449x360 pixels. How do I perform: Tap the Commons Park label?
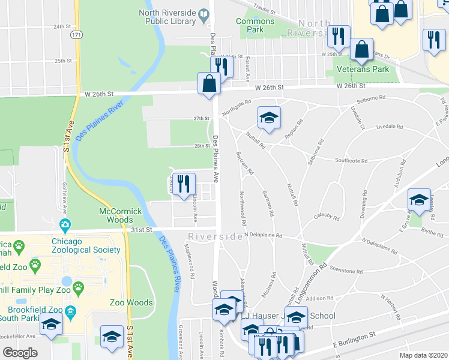click(x=255, y=25)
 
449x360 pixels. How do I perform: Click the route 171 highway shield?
click(x=76, y=35)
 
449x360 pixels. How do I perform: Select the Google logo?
click(x=20, y=353)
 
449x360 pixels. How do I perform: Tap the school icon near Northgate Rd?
click(x=270, y=118)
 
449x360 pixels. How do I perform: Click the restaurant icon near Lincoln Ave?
click(x=184, y=183)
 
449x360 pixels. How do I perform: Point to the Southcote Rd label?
click(x=351, y=160)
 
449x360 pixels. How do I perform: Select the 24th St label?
click(x=62, y=27)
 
